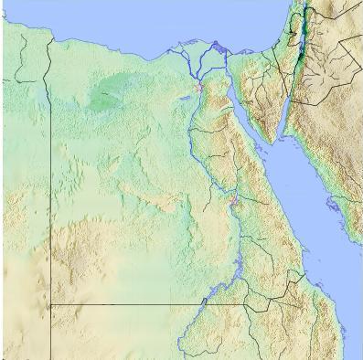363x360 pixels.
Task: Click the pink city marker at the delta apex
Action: pos(198,88)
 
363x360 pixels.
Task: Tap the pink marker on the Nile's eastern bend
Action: pos(234,199)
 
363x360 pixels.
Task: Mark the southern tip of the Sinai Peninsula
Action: pos(273,143)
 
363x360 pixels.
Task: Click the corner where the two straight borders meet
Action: pos(49,304)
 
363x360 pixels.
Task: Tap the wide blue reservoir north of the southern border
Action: pos(217,291)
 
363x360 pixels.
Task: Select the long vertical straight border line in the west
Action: pos(49,183)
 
